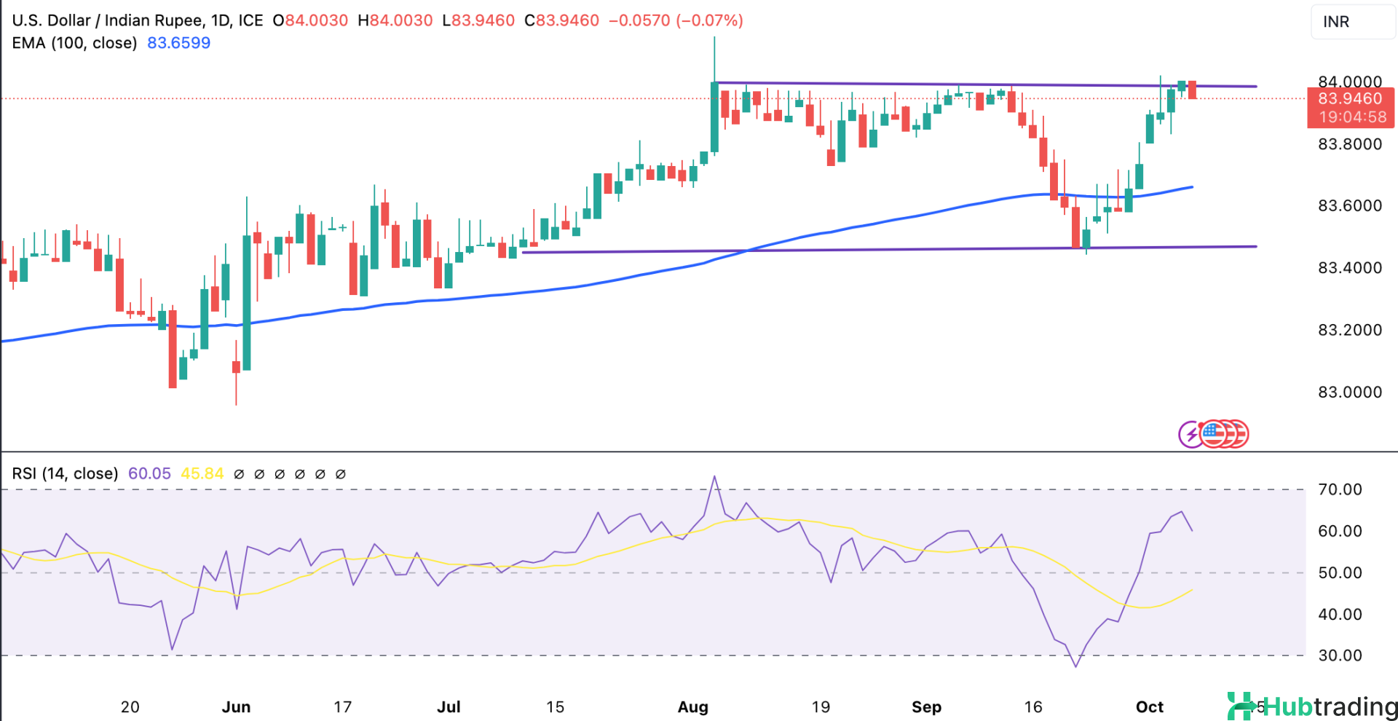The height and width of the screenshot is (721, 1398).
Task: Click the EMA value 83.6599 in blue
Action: (x=178, y=43)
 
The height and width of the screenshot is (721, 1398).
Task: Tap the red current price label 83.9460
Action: (x=1350, y=99)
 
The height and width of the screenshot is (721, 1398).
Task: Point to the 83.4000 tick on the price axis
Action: (x=1350, y=268)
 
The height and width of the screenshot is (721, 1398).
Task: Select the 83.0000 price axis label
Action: (x=1350, y=393)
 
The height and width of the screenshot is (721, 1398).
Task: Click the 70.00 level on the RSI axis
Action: (x=1340, y=489)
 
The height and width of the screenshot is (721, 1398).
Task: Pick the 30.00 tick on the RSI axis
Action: (x=1340, y=655)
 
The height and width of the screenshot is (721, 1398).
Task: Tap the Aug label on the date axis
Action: (x=692, y=707)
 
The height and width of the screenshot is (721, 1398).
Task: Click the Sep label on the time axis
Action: (x=926, y=707)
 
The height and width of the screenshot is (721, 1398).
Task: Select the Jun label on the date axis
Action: (x=236, y=707)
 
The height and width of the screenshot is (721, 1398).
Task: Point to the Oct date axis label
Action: (x=1150, y=707)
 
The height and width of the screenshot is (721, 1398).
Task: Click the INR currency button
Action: (x=1336, y=22)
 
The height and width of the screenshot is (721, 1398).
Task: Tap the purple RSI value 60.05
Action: (x=149, y=474)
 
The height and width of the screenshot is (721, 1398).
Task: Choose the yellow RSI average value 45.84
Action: (x=202, y=474)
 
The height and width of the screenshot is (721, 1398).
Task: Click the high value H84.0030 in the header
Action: (x=395, y=20)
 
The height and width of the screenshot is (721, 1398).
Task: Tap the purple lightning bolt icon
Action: (x=1191, y=435)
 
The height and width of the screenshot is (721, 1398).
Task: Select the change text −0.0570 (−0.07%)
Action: (x=676, y=20)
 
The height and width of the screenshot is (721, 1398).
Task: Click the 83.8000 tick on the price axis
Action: (x=1350, y=144)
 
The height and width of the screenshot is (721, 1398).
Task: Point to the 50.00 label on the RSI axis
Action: (x=1340, y=572)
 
